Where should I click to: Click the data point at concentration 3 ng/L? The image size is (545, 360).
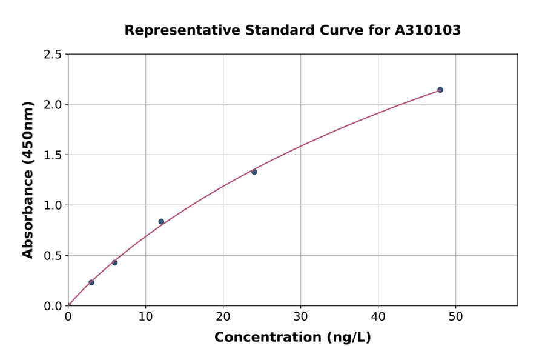[x=91, y=282]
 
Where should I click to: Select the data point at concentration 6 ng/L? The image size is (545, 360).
[x=114, y=262]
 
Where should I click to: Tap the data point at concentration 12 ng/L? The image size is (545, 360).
[x=161, y=221]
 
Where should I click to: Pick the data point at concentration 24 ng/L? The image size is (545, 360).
[x=254, y=172]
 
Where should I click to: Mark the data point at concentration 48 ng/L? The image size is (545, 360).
[x=440, y=90]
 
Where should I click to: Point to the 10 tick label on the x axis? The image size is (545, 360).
[x=145, y=317]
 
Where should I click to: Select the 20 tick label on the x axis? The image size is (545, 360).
[x=223, y=317]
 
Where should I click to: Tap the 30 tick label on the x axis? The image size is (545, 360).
[x=301, y=317]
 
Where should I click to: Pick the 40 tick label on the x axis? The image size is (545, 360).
[x=378, y=317]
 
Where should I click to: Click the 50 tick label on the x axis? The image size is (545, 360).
[x=456, y=317]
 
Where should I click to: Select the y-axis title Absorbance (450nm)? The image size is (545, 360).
[x=28, y=179]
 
